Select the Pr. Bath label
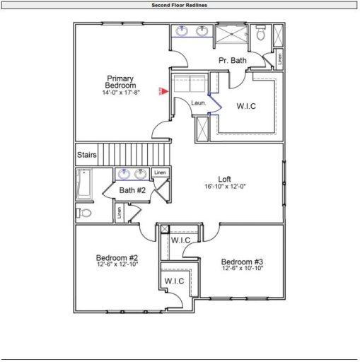[232, 61]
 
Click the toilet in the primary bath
[261, 33]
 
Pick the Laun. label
[199, 103]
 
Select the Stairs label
[86, 153]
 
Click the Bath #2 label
[132, 190]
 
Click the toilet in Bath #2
[83, 213]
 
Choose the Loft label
[225, 178]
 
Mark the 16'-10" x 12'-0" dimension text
[225, 187]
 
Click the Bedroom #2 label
[117, 257]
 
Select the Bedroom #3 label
[242, 261]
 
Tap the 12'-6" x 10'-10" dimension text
[242, 269]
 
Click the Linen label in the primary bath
[280, 59]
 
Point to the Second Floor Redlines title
[180, 5]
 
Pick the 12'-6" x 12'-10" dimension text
[117, 264]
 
